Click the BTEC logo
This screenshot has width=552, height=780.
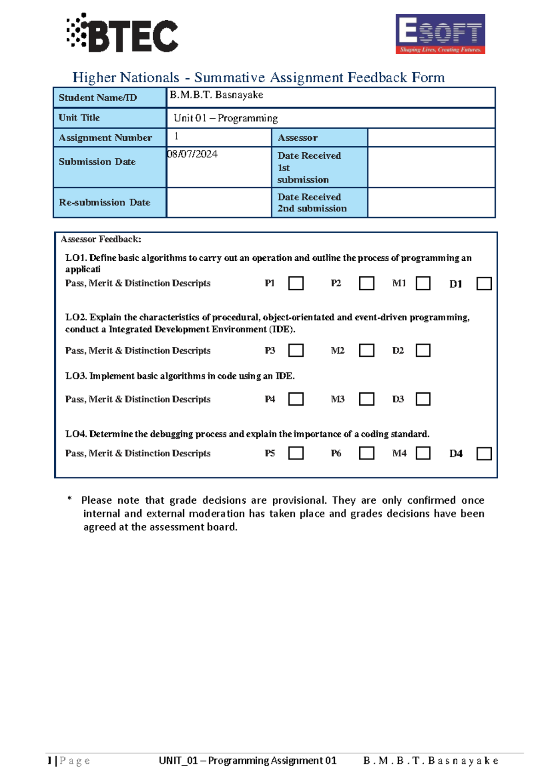point(122,34)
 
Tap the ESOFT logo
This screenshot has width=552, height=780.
point(440,34)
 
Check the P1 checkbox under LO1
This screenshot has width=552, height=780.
point(296,283)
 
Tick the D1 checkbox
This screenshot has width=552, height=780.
point(484,284)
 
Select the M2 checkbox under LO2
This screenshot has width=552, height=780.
point(366,350)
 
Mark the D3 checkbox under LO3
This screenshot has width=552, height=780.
point(423,399)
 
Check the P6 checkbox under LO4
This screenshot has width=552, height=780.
point(366,453)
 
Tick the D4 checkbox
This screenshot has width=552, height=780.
point(484,454)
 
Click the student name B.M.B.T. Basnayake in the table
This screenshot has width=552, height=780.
point(217,95)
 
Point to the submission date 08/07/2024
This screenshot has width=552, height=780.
point(193,154)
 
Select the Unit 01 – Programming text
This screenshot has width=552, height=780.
point(225,118)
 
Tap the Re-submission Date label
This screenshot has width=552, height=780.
point(104,202)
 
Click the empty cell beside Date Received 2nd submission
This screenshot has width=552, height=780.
point(431,202)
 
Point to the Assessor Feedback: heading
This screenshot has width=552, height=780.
point(101,239)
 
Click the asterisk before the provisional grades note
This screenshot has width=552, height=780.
point(70,499)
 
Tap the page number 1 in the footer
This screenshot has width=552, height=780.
point(49,761)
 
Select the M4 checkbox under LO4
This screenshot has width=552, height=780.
point(423,453)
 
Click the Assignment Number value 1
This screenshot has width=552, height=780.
point(176,136)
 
